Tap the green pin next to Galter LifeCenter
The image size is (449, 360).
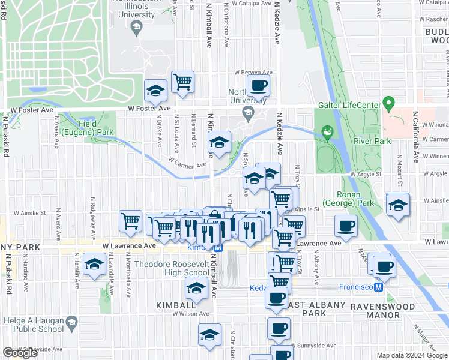(389, 104)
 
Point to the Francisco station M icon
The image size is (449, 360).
(379, 287)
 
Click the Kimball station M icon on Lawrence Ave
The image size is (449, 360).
(218, 247)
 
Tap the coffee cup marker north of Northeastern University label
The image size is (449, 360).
(259, 85)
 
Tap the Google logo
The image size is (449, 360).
(20, 353)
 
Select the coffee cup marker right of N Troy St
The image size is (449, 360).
(346, 226)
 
